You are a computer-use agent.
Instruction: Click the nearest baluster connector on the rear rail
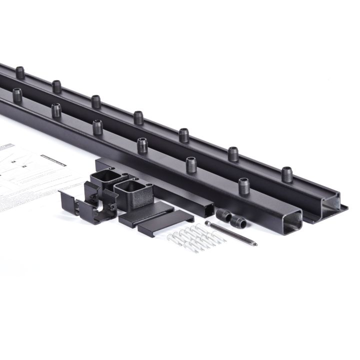coord(286,174)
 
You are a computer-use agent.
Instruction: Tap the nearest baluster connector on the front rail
coord(243,186)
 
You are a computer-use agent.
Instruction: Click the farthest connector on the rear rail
coord(20,72)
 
